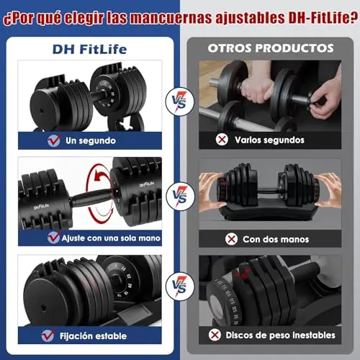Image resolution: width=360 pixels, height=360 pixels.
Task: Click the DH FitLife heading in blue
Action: (x=89, y=49)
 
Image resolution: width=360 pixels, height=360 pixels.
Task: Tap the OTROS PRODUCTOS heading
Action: (x=271, y=48)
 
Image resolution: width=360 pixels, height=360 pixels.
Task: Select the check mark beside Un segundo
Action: (x=54, y=140)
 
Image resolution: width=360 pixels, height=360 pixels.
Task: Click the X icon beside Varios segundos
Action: (x=222, y=139)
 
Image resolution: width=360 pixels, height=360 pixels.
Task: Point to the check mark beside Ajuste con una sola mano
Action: (x=54, y=238)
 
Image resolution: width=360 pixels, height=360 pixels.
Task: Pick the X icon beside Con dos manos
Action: (x=231, y=239)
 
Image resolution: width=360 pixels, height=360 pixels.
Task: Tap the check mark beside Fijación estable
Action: (x=48, y=336)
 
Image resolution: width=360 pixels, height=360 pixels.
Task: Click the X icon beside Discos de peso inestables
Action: (x=215, y=335)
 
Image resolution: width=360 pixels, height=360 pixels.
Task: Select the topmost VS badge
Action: (x=180, y=102)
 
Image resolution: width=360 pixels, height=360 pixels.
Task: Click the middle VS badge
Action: (x=181, y=197)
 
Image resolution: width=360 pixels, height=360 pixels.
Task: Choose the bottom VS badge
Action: (x=180, y=287)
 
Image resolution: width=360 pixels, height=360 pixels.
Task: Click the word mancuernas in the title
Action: (x=171, y=18)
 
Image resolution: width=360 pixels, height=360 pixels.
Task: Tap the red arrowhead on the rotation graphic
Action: (x=98, y=177)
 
